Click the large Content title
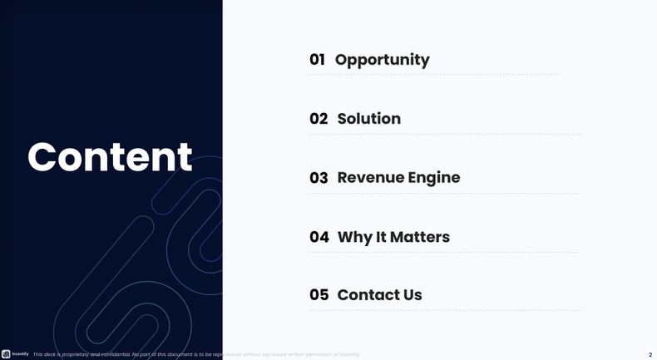click(x=110, y=157)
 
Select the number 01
click(x=317, y=60)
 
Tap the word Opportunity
click(x=382, y=60)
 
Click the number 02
click(x=319, y=119)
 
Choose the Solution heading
click(x=368, y=119)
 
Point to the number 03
click(x=319, y=178)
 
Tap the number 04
click(x=319, y=237)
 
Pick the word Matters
click(x=420, y=237)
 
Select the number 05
click(x=319, y=295)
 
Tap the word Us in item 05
click(x=412, y=295)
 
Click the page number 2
click(x=650, y=355)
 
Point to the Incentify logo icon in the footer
click(x=6, y=354)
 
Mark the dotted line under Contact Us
click(x=445, y=310)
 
